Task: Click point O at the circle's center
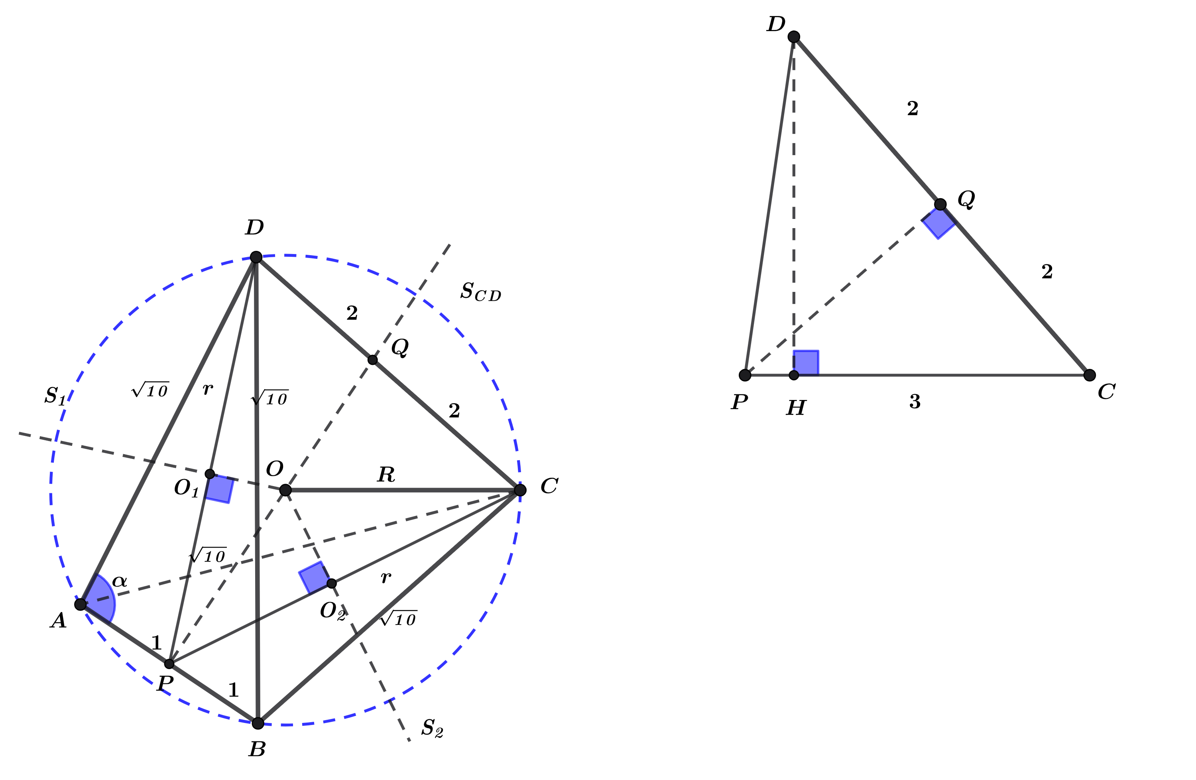(285, 490)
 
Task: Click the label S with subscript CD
(481, 292)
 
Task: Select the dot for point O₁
(210, 474)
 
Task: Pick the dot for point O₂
(332, 583)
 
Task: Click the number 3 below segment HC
(915, 402)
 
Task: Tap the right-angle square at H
(807, 362)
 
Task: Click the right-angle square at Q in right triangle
(938, 222)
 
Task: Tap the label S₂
(432, 728)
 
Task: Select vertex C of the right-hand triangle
(1090, 375)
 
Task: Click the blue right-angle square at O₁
(220, 488)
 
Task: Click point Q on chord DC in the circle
(372, 360)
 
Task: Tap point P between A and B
(169, 664)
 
